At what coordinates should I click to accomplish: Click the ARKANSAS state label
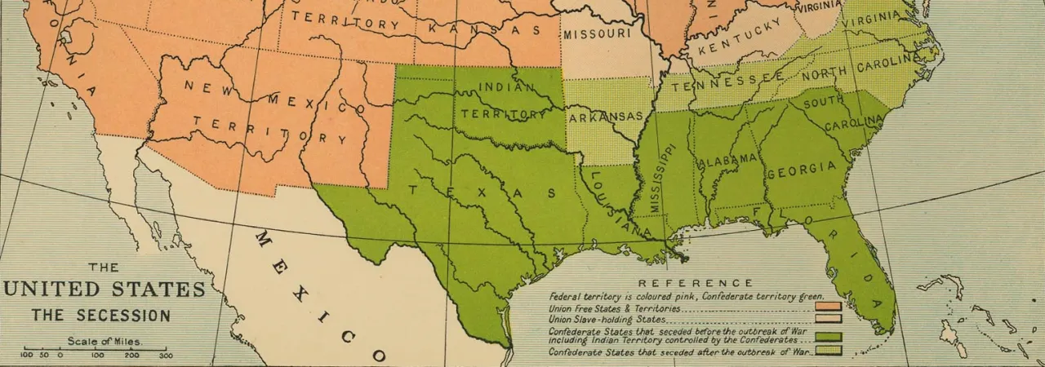pos(606,117)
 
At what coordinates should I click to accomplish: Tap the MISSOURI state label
pos(597,34)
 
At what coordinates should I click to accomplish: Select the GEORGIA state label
pos(801,170)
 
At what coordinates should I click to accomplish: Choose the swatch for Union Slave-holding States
pos(828,321)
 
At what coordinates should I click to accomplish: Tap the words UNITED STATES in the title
pos(104,290)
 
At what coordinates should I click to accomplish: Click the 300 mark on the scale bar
pos(166,356)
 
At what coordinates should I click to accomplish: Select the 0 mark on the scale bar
pos(60,356)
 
